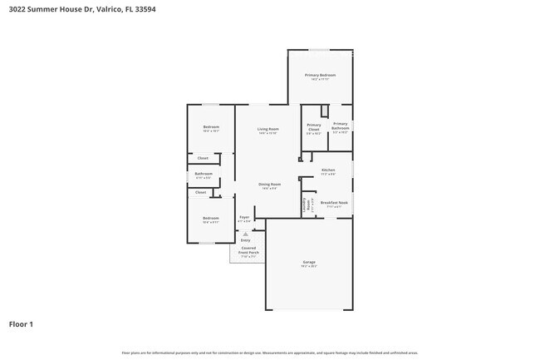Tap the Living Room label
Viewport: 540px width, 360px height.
[268, 129]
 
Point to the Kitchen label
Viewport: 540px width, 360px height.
[328, 170]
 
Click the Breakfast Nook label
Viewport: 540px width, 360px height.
[334, 202]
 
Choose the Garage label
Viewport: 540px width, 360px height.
[309, 262]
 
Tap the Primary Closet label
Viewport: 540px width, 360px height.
[313, 127]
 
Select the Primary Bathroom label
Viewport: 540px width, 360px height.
[341, 126]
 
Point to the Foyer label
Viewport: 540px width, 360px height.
[244, 217]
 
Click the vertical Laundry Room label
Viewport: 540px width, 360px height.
[307, 203]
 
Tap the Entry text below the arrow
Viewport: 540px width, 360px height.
[244, 240]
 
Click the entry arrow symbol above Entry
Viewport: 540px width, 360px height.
[244, 234]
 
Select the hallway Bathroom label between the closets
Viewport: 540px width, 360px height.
[204, 174]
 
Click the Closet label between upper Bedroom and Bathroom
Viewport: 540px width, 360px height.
[202, 158]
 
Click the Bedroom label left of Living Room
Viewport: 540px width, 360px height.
[211, 126]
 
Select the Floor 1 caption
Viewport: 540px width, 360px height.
[22, 323]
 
